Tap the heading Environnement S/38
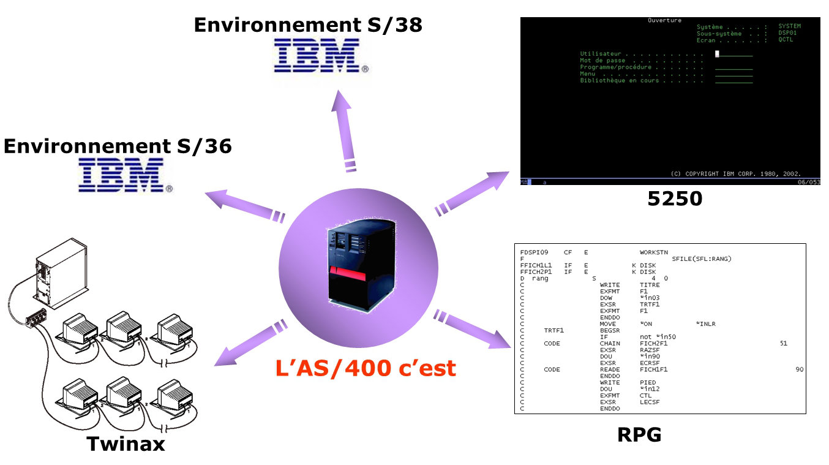[x=308, y=25]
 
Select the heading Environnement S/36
[x=118, y=146]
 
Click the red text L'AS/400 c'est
[x=366, y=368]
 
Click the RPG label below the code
[x=639, y=434]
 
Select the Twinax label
[x=126, y=444]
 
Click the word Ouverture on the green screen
[x=664, y=20]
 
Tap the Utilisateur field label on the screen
[x=601, y=54]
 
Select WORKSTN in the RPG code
[x=655, y=252]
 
